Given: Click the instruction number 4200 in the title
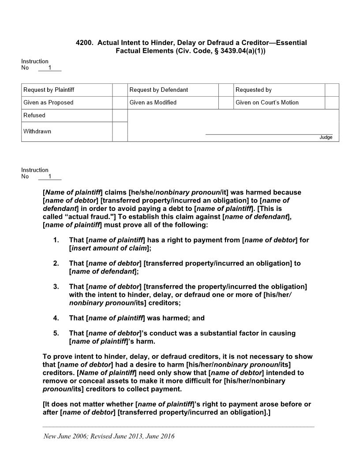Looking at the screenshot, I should point(84,43).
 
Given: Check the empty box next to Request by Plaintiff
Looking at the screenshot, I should point(120,90).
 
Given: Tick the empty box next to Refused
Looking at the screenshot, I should point(120,116).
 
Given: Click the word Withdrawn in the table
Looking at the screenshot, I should point(37,132).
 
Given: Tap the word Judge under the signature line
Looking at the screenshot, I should point(326,138).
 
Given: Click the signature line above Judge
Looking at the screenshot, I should point(269,134).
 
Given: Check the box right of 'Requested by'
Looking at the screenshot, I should point(332,90).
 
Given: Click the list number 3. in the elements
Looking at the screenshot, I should point(56,287).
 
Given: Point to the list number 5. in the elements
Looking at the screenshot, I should point(56,333).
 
